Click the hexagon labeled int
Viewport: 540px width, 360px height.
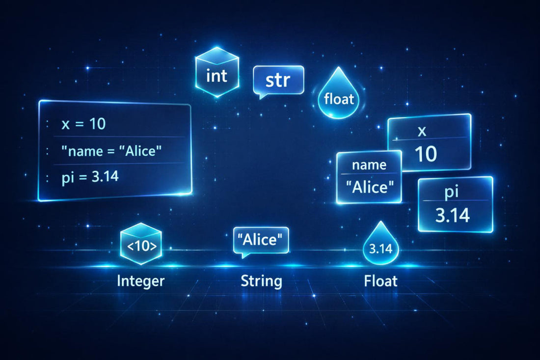[217, 73]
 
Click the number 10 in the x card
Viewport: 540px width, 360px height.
[426, 154]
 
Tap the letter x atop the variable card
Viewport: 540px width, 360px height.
[422, 131]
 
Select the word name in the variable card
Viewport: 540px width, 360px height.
[369, 165]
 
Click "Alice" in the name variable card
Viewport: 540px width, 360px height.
[370, 188]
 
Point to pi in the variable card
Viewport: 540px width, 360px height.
[451, 192]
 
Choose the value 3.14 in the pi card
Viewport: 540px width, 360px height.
[453, 216]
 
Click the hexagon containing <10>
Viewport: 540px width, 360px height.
[141, 244]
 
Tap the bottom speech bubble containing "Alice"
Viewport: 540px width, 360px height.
[261, 241]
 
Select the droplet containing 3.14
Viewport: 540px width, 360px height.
[380, 244]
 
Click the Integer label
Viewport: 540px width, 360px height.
[140, 281]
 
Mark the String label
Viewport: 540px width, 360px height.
[261, 281]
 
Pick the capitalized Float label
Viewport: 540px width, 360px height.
[380, 281]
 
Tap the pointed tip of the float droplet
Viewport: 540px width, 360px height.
[339, 67]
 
